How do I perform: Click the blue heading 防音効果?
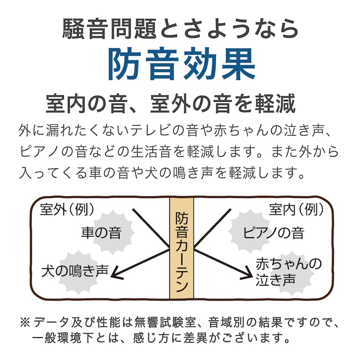coord(181,64)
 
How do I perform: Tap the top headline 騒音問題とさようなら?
coord(180,29)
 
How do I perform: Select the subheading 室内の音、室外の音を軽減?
coord(171,104)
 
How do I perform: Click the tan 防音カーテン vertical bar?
coord(182,248)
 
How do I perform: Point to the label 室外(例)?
coord(67,209)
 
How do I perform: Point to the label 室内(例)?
coord(296,209)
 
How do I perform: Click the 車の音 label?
coord(101,233)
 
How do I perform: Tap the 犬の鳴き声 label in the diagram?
coord(75,271)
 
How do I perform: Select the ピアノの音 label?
coord(274,233)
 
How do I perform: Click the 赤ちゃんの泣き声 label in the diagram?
coord(288,272)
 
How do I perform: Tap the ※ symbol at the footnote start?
coord(25,322)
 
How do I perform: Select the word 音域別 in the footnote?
coord(227,322)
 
